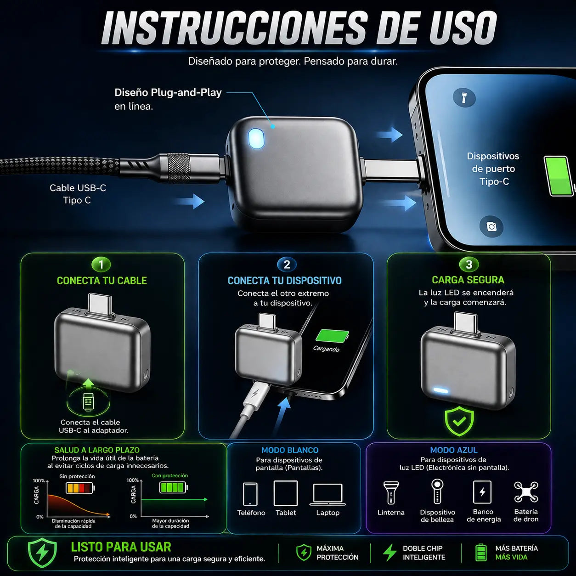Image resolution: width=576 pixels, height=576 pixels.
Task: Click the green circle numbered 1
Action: coord(101,265)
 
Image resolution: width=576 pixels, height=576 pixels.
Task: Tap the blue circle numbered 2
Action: coord(287,265)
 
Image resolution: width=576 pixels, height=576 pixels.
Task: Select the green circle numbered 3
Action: coord(469,264)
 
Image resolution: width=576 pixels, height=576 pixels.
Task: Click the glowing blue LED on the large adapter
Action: coord(256,139)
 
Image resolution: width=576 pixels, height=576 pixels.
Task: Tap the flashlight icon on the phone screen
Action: coord(463,97)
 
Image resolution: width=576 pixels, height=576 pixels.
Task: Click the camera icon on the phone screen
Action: coord(491,226)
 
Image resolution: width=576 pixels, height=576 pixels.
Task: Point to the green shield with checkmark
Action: coord(459,421)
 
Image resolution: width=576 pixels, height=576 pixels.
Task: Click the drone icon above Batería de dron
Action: coord(526,491)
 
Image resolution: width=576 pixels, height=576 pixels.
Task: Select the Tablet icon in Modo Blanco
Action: coord(285,493)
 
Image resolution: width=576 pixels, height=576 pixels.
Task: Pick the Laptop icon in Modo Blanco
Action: coord(328,494)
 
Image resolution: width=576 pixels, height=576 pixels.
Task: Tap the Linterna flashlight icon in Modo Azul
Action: coord(391,492)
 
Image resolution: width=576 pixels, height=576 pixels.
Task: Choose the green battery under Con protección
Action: coord(173,487)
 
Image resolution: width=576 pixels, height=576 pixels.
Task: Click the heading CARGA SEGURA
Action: coord(468,280)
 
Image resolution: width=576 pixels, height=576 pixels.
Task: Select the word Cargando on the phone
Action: coord(326,349)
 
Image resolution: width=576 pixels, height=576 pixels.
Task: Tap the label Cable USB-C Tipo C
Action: coord(78,194)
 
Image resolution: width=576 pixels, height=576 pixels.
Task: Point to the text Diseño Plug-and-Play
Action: coord(168,92)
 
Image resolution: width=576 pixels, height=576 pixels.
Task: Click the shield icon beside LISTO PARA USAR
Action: coord(42,553)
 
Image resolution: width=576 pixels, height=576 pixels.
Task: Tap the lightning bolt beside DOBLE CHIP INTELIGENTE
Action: coord(390,553)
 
